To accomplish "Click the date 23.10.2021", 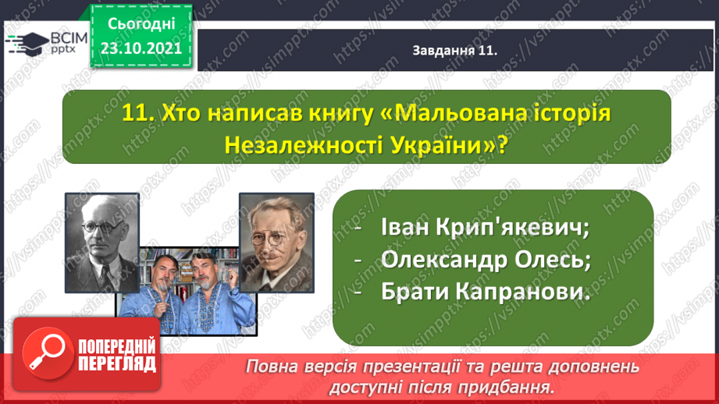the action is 141,48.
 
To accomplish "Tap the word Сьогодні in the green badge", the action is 141,24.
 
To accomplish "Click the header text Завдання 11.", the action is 455,50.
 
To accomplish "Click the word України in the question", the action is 444,146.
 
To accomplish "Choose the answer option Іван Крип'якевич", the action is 485,227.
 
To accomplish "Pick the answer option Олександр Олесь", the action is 486,259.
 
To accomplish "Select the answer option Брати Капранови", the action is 485,292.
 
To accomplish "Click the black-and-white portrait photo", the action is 102,243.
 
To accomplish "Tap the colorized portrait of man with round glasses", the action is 276,243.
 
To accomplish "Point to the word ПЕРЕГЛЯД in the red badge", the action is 117,364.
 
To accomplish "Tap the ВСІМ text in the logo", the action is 69,38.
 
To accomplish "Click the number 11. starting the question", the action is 138,114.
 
